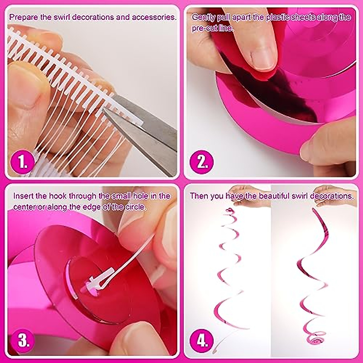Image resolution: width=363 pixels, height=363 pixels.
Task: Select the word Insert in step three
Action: pos(23,196)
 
